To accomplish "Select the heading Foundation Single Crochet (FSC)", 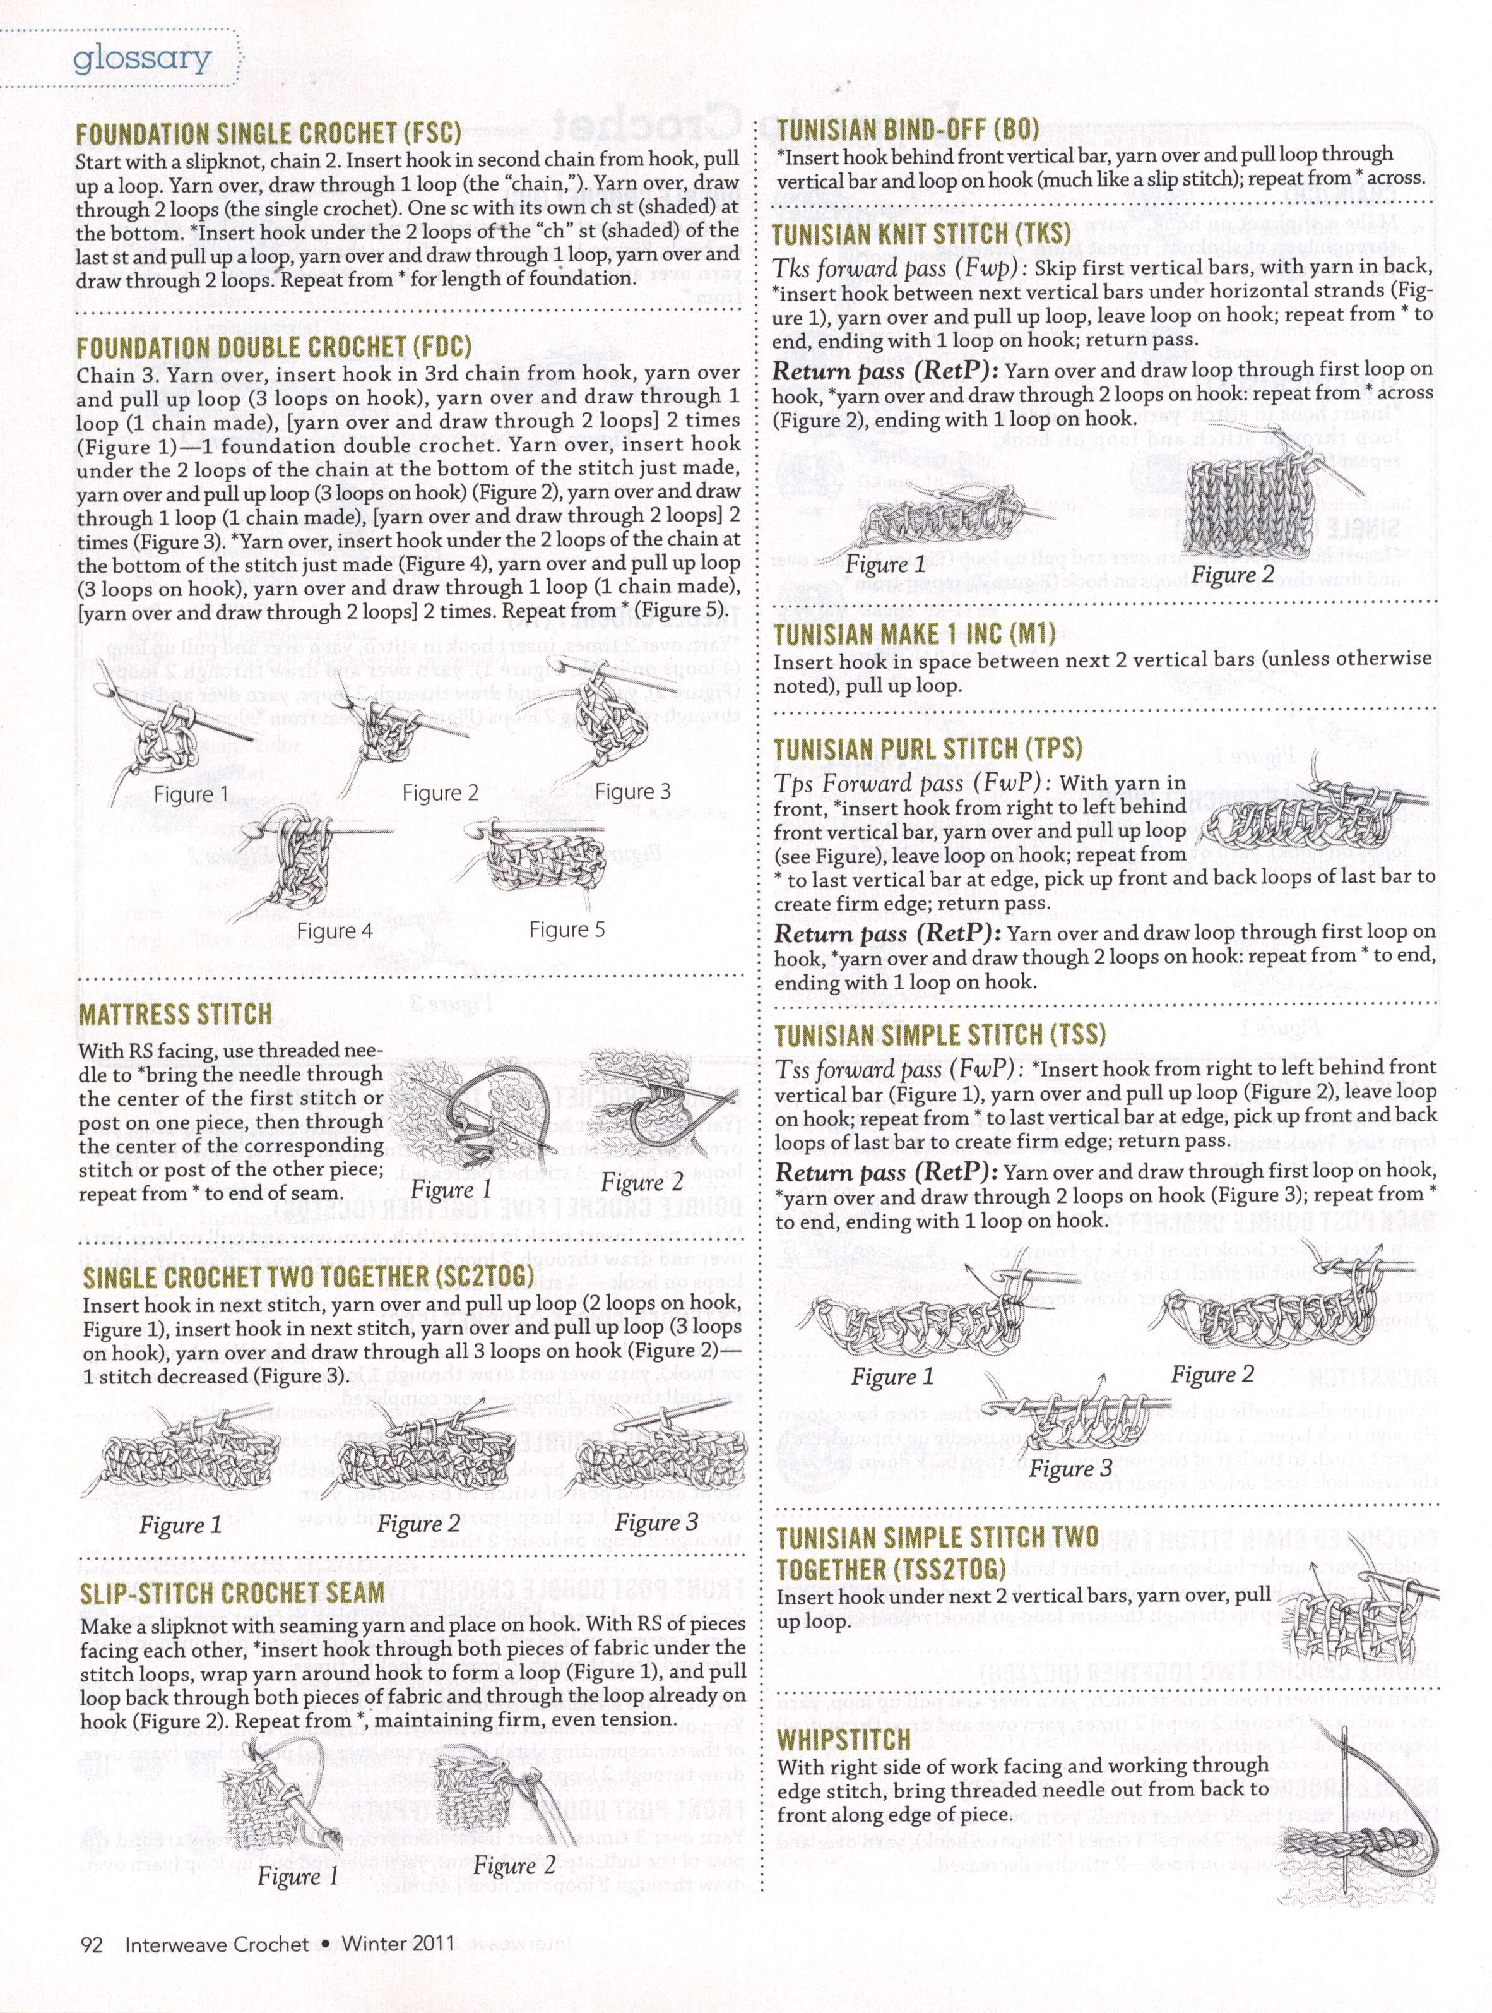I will point(268,134).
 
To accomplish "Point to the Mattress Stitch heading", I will point(175,1013).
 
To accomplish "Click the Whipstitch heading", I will point(844,1739).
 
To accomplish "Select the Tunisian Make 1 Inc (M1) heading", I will point(914,633).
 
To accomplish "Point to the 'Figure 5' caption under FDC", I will point(566,929).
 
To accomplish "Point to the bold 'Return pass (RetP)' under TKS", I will point(884,371).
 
